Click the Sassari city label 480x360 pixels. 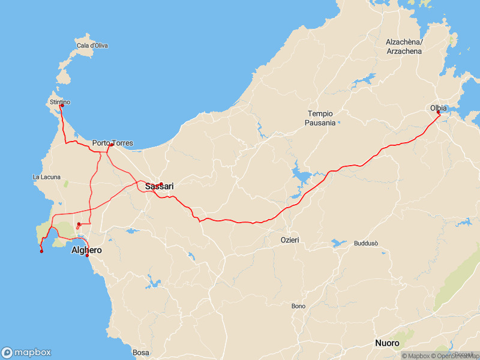click(x=159, y=187)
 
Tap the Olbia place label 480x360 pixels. click(x=439, y=108)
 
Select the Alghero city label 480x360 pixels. click(x=86, y=250)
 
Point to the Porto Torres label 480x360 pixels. click(x=113, y=143)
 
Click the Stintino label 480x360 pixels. click(x=60, y=102)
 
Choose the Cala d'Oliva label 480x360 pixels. click(x=92, y=46)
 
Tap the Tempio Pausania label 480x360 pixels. click(x=321, y=118)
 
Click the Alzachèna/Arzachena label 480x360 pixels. click(x=404, y=47)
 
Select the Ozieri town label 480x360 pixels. click(x=290, y=240)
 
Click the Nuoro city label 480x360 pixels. click(x=387, y=343)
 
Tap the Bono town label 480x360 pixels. click(x=298, y=306)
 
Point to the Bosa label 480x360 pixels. click(x=140, y=353)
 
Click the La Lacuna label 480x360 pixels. click(x=44, y=177)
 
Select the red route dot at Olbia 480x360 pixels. click(x=439, y=113)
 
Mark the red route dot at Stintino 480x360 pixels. click(x=62, y=106)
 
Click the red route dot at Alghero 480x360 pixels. click(x=88, y=256)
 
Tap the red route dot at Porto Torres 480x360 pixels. click(x=112, y=145)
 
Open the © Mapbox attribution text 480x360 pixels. click(x=415, y=356)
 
